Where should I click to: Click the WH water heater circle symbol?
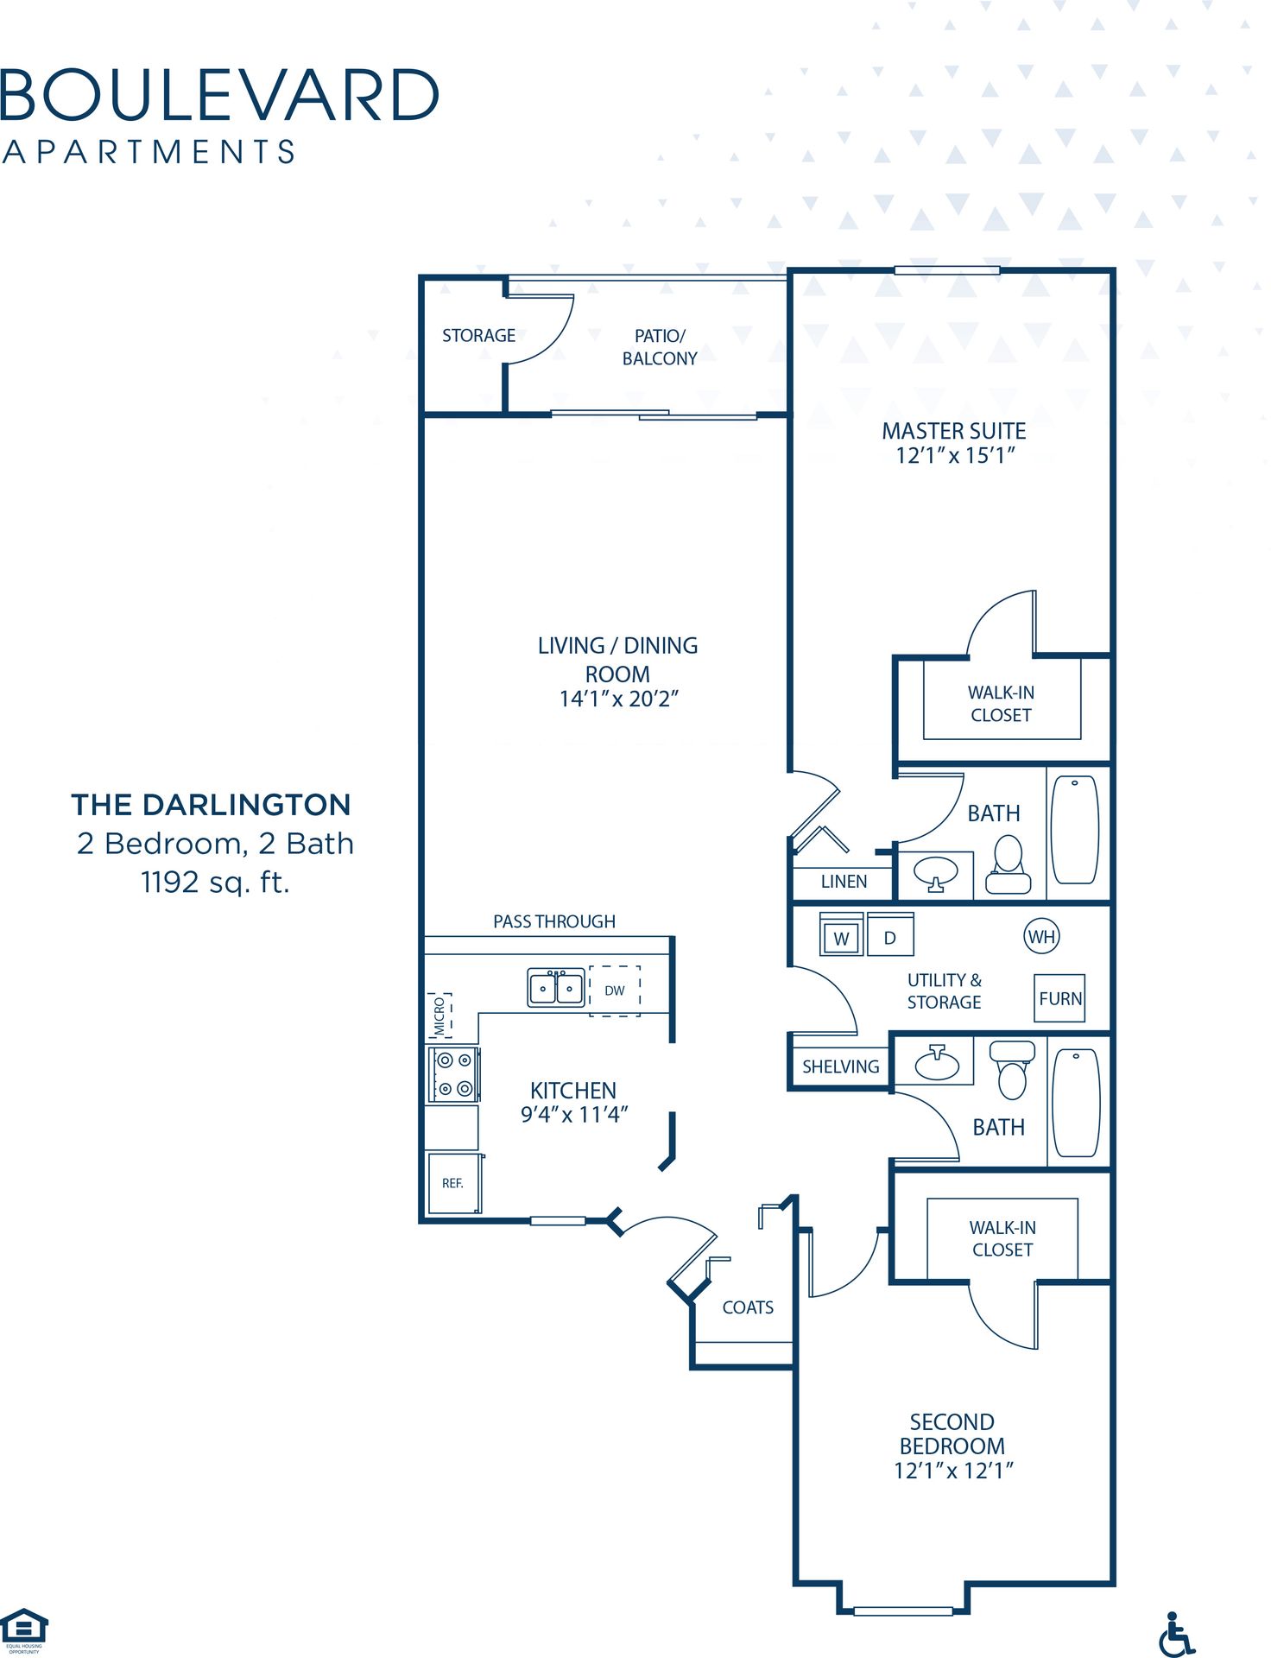pos(1041,936)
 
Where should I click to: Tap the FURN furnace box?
pos(1059,998)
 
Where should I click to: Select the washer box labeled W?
pos(841,938)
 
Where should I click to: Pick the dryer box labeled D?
pos(890,937)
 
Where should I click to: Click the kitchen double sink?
pos(556,988)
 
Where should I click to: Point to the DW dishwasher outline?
pos(615,990)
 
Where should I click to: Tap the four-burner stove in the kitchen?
pos(454,1074)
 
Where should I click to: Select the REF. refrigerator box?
pos(453,1183)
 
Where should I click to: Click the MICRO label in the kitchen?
pos(439,1016)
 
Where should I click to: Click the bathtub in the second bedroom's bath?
pos(1076,1103)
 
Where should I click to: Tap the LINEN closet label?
pos(844,882)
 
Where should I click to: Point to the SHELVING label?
pos(840,1066)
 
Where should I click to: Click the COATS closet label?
pos(748,1307)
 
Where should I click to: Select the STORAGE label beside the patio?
pos(478,335)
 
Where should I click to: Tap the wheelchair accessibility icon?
pos(1175,1634)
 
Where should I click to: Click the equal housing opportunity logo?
pos(24,1629)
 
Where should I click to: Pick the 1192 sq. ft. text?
pos(215,882)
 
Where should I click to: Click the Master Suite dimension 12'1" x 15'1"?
pos(954,455)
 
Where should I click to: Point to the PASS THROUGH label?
pos(554,921)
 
